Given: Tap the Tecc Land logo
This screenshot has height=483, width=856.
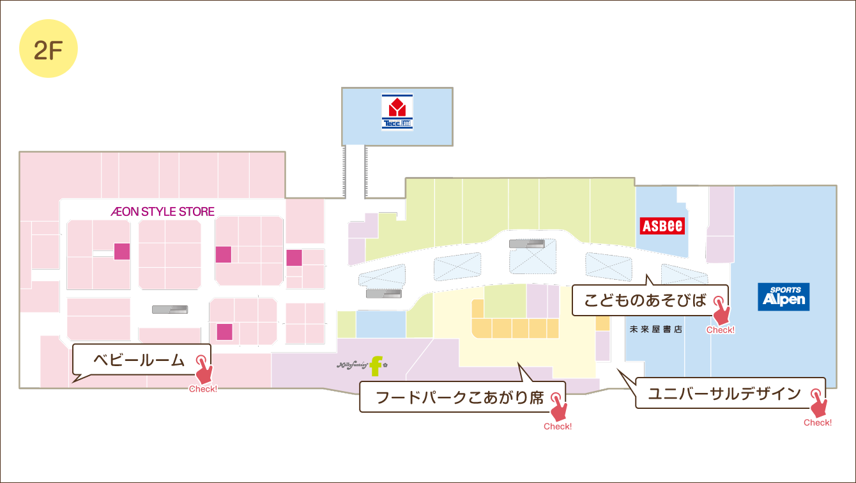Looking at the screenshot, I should pos(397,112).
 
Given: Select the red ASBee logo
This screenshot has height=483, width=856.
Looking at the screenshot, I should pos(662,226).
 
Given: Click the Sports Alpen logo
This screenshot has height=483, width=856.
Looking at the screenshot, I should pos(784,297).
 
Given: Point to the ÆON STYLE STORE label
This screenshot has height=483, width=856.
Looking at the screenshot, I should pos(162,211).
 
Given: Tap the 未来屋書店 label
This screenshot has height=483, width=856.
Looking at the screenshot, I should pos(656,330).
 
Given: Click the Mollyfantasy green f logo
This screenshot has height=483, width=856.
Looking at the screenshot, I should pos(376,365).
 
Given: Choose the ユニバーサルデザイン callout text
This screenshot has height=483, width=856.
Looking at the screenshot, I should pos(724,394).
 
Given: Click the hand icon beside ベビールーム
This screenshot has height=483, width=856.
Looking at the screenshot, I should pos(204,370).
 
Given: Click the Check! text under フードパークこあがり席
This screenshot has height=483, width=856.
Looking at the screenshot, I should pos(558,426).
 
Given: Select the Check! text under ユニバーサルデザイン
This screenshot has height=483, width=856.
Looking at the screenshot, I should pos(818,422).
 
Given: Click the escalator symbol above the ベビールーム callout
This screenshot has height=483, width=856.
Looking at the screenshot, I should pos(171,309).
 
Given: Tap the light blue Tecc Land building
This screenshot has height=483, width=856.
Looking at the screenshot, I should pos(434,115).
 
